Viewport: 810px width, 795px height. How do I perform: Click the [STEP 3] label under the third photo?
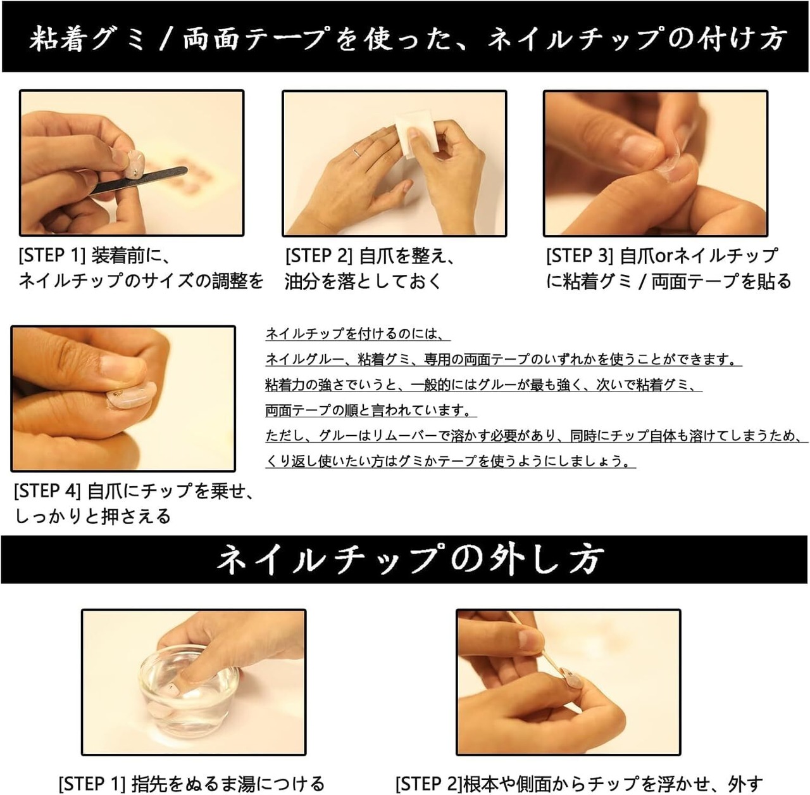pos(580,256)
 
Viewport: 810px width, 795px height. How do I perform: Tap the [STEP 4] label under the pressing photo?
pos(47,491)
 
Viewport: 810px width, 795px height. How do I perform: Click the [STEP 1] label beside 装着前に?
pos(52,255)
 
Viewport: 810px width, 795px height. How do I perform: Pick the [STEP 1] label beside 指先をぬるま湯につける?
pos(92,783)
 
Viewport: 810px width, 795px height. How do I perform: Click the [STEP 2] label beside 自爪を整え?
pos(318,256)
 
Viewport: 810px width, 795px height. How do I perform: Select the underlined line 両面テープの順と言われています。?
pos(371,410)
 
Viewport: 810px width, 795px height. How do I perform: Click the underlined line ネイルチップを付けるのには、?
pos(358,334)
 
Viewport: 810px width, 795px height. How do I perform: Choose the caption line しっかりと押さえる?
pos(93,516)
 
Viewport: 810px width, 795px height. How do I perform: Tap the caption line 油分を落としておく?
pos(363,281)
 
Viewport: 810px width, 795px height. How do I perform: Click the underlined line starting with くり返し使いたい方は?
pos(450,461)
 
